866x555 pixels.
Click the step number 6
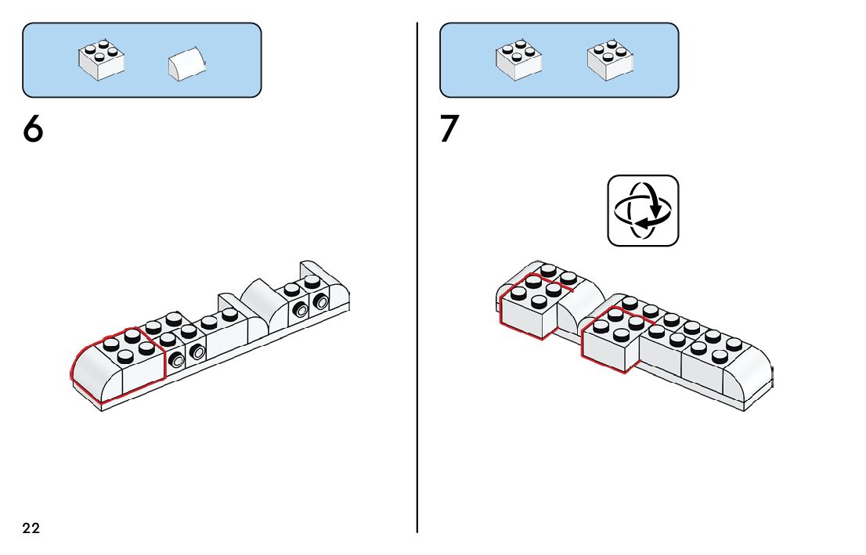pos(33,129)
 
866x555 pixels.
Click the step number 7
pos(449,129)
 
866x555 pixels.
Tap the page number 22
pos(31,528)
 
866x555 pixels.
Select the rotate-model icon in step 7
pos(643,211)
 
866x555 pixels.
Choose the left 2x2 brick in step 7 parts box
pos(518,60)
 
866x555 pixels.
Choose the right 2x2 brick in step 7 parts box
pos(610,59)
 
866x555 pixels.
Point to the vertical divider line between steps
pos(417,313)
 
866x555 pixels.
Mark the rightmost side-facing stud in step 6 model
pos(320,301)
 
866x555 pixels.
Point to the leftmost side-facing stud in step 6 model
pos(177,359)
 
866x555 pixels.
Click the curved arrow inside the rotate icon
pos(650,219)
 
